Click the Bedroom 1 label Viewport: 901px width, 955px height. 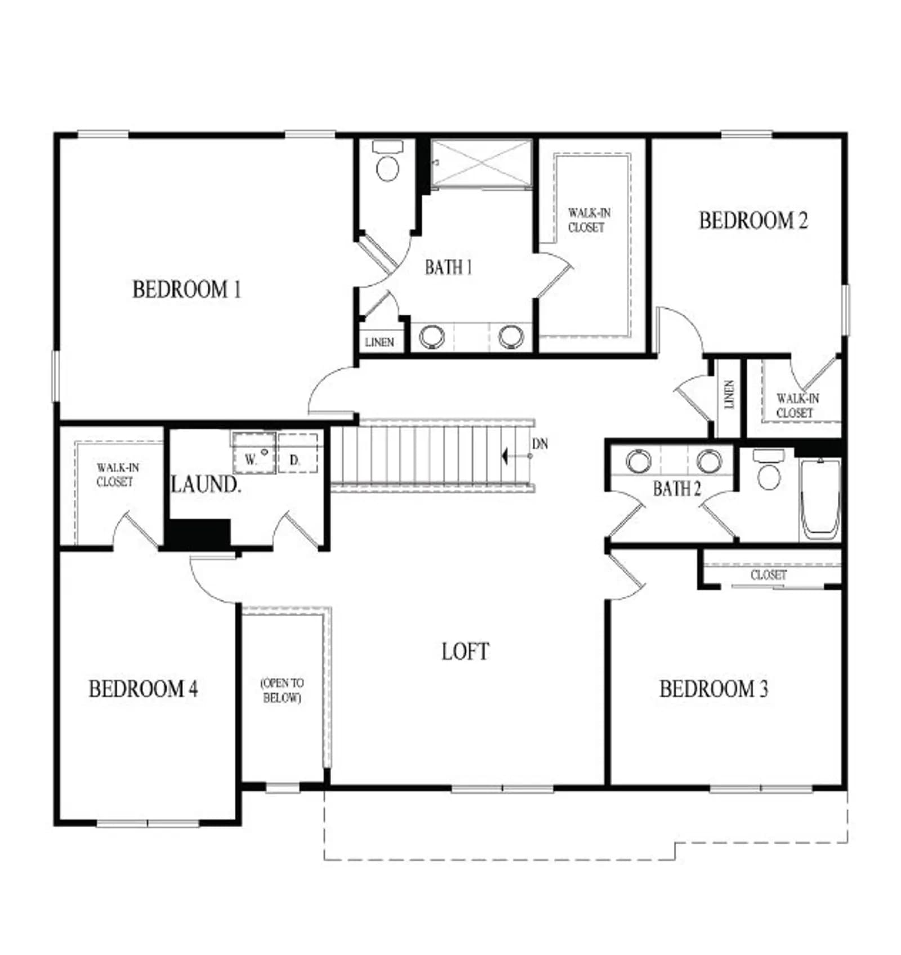click(186, 289)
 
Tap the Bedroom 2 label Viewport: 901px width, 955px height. click(753, 220)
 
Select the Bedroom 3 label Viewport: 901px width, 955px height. click(713, 689)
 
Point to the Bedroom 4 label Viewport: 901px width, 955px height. click(143, 689)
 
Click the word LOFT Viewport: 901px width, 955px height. click(465, 651)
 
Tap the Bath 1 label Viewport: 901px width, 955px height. click(448, 267)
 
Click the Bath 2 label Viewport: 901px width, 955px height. click(677, 489)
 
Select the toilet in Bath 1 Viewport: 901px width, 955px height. click(387, 161)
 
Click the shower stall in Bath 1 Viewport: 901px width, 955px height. click(481, 163)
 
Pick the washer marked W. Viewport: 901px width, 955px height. click(254, 452)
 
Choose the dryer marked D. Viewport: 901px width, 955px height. click(297, 452)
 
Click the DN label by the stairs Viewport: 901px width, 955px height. click(539, 444)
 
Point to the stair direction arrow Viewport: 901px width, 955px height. click(517, 456)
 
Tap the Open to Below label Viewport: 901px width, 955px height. click(282, 690)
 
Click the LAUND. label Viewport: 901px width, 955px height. click(206, 484)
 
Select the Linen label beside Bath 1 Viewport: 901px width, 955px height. click(380, 342)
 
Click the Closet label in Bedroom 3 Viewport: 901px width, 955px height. click(769, 575)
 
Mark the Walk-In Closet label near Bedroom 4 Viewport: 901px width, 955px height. click(117, 475)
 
